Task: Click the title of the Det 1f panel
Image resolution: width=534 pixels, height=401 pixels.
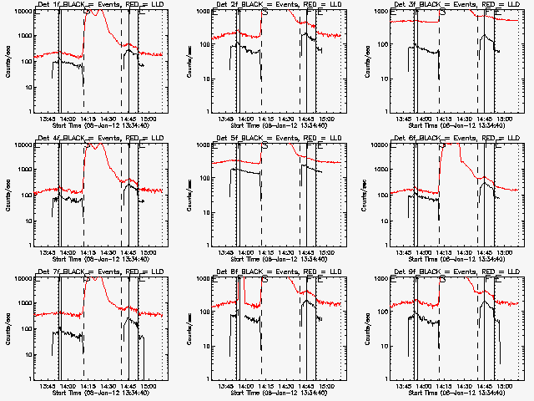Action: (94, 5)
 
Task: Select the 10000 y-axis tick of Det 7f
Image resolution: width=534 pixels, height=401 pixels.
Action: (18, 279)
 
